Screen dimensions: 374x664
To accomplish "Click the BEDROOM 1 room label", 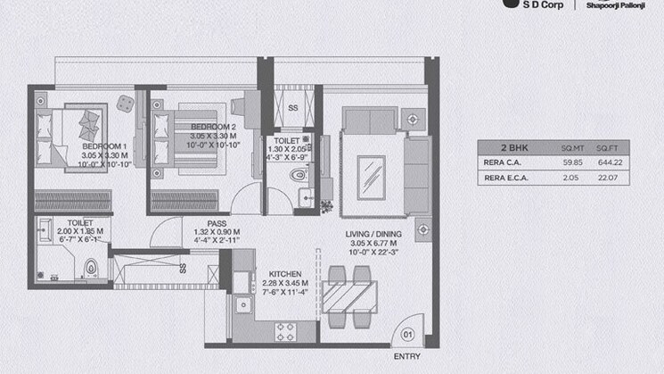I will pyautogui.click(x=105, y=145).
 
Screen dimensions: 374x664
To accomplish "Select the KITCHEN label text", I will pyautogui.click(x=277, y=274).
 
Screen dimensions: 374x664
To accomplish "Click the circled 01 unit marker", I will pyautogui.click(x=408, y=335).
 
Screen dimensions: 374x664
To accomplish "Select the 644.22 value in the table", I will pyautogui.click(x=608, y=162).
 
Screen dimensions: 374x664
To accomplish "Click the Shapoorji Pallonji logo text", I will pyautogui.click(x=622, y=4).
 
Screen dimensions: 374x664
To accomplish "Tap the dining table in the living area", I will pyautogui.click(x=349, y=295).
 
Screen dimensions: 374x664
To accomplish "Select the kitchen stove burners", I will pyautogui.click(x=287, y=333).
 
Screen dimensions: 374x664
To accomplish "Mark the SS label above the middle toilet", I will pyautogui.click(x=292, y=109).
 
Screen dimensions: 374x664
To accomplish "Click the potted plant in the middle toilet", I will pyautogui.click(x=326, y=207).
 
